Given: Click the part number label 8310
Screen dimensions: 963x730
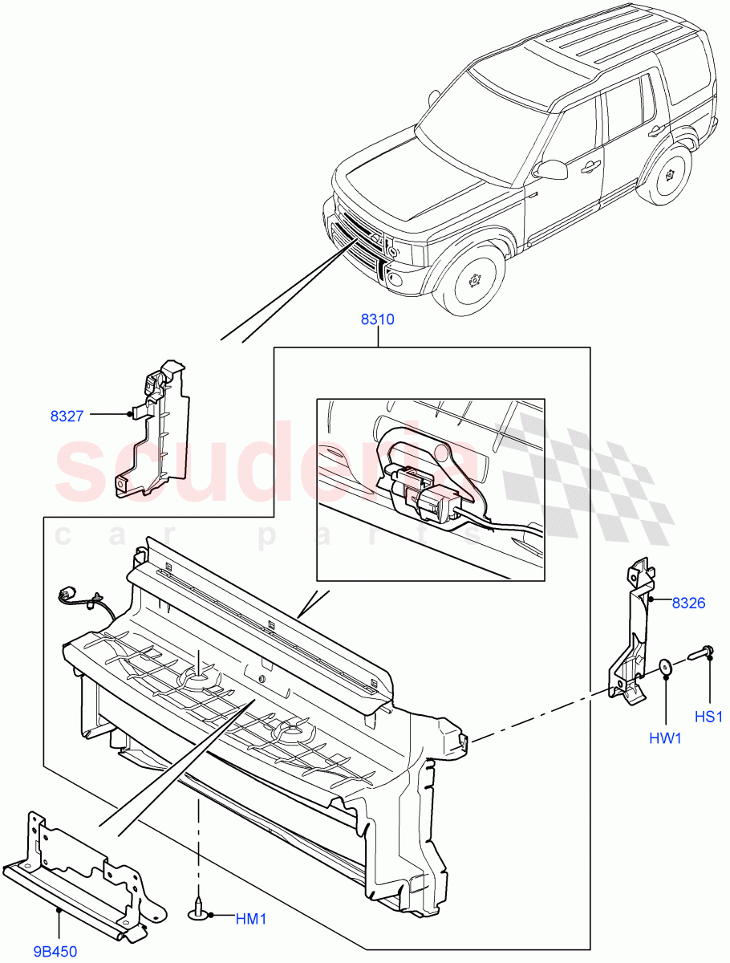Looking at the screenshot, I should [377, 319].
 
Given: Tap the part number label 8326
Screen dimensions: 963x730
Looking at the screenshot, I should [688, 603].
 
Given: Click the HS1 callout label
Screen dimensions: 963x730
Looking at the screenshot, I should [709, 716].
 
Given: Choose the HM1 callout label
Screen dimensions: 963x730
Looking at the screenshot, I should [251, 919].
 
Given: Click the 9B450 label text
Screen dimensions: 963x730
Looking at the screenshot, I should [55, 952].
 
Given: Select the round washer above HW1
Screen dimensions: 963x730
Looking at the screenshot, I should [665, 667].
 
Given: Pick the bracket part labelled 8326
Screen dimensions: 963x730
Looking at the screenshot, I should [634, 634].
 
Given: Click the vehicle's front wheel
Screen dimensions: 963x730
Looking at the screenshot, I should [472, 280].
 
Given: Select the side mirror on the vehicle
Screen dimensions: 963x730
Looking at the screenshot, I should [550, 169].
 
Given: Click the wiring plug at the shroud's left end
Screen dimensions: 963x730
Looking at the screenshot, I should [66, 595].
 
